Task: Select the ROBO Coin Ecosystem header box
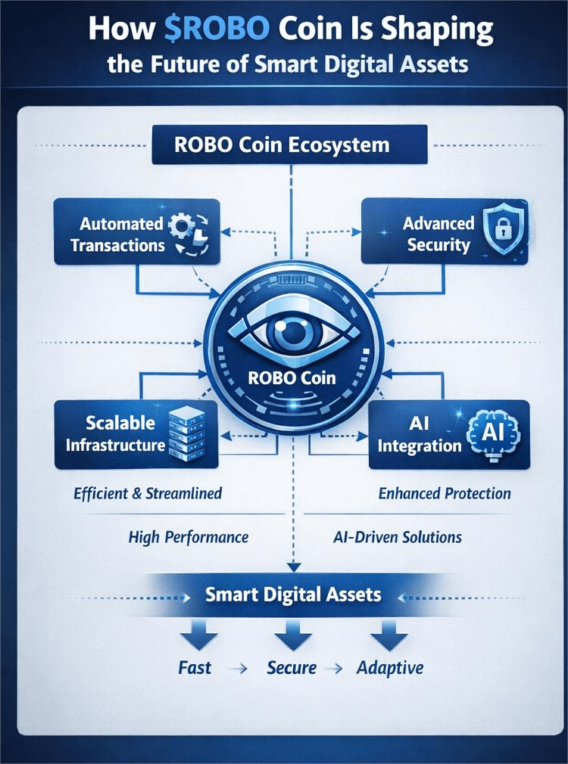[x=289, y=144]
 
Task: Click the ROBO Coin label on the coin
[x=292, y=376]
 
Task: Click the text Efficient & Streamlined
[x=148, y=493]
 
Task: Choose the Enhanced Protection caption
[x=445, y=494]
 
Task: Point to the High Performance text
[x=188, y=537]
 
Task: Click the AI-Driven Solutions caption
[x=397, y=537]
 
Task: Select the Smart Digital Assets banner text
[x=293, y=595]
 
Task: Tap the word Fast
[x=195, y=668]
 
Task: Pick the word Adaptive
[x=390, y=668]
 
